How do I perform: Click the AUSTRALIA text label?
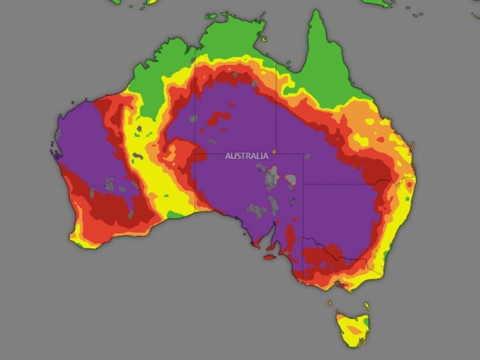[247, 156]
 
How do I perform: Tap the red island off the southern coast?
[269, 257]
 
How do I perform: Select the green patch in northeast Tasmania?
[365, 323]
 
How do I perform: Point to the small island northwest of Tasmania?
[330, 303]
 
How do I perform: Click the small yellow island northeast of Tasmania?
[367, 307]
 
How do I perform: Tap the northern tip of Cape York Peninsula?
[317, 12]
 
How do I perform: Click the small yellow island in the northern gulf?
[264, 39]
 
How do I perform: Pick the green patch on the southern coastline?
[175, 215]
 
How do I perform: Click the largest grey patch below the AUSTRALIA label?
[271, 179]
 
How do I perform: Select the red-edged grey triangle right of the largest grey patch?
[291, 180]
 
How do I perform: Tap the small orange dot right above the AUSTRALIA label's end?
[274, 151]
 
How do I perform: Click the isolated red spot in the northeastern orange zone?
[380, 139]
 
